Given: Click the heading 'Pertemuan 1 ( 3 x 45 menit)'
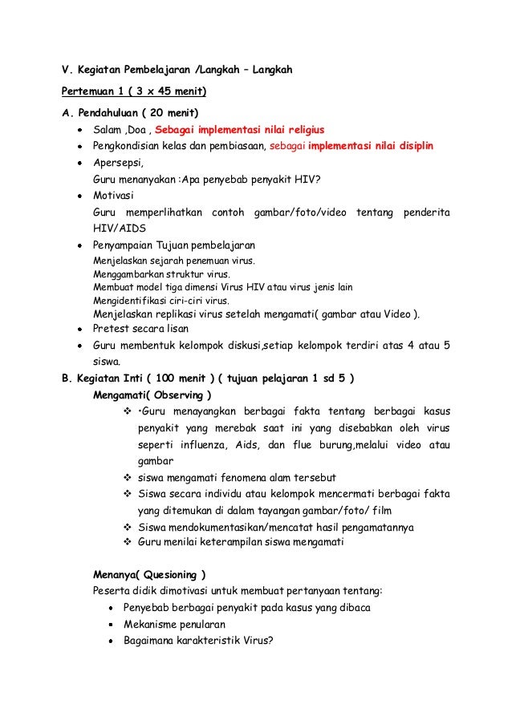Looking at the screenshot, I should pyautogui.click(x=129, y=91).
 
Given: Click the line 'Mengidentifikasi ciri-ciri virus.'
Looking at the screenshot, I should pyautogui.click(x=161, y=301).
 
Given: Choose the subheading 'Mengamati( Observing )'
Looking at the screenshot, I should pyautogui.click(x=152, y=395).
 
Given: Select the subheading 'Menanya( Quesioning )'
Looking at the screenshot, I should pyautogui.click(x=149, y=575).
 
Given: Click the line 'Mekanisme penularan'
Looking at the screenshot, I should pyautogui.click(x=174, y=624).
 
